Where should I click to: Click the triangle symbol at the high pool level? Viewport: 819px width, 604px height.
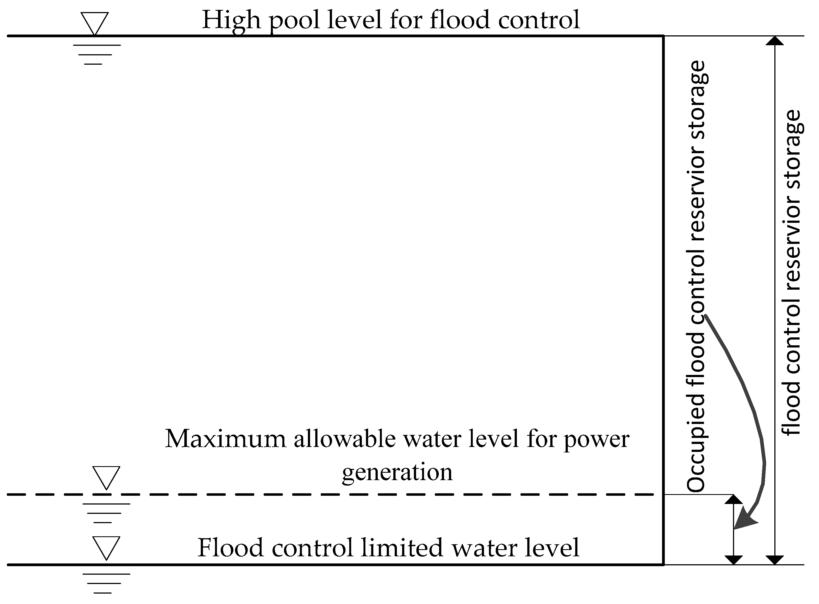94,23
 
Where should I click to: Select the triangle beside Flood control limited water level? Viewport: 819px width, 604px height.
106,547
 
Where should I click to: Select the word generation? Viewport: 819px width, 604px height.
397,472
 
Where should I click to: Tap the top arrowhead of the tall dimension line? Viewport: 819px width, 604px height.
774,41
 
